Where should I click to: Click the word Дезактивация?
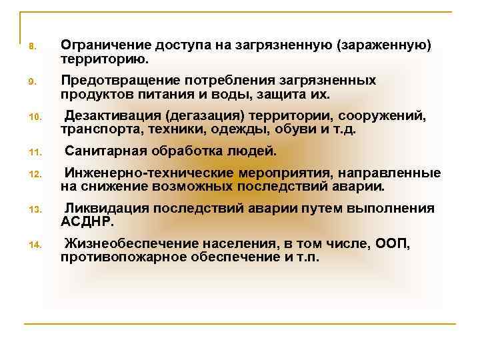[111, 117]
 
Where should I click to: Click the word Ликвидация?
[106, 209]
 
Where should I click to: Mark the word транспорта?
[98, 129]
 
